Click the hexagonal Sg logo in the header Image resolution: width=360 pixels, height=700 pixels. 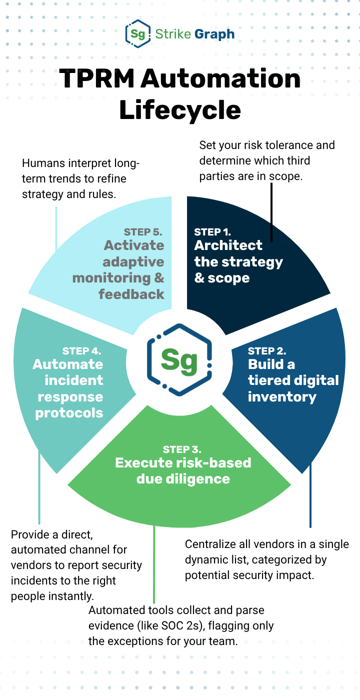pyautogui.click(x=138, y=34)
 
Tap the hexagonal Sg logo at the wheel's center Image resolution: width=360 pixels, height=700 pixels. pyautogui.click(x=179, y=360)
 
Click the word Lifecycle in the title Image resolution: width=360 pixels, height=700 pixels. pyautogui.click(x=180, y=110)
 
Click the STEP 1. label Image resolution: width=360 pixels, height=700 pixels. pyautogui.click(x=212, y=232)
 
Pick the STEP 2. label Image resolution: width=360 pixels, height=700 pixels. pyautogui.click(x=267, y=351)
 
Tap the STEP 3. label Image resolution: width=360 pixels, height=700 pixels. pyautogui.click(x=182, y=449)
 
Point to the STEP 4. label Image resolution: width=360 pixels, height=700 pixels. pyautogui.click(x=82, y=351)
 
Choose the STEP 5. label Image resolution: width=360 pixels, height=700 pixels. pyautogui.click(x=143, y=232)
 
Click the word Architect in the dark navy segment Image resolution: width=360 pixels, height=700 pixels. pyautogui.click(x=228, y=245)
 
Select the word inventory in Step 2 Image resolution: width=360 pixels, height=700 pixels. pyautogui.click(x=282, y=397)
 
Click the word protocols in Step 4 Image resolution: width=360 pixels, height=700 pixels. pyautogui.click(x=69, y=413)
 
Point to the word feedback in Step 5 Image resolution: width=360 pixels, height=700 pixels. pyautogui.click(x=131, y=294)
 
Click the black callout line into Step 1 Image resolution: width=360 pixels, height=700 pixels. pyautogui.click(x=271, y=212)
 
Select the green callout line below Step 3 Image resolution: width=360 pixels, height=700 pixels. pyautogui.click(x=154, y=564)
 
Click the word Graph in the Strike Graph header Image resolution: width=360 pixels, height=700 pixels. pyautogui.click(x=214, y=34)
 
